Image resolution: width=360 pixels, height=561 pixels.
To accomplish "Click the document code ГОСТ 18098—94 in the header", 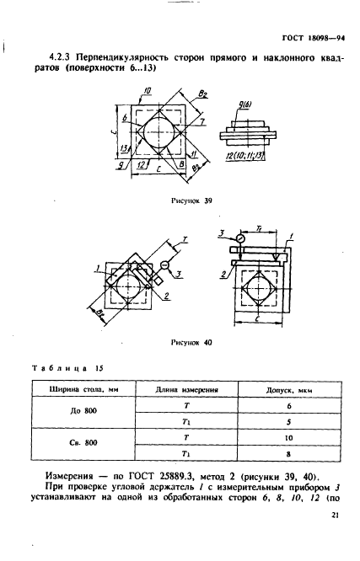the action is click(x=313, y=38).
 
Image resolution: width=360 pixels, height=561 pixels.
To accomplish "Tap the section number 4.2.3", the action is click(x=59, y=57).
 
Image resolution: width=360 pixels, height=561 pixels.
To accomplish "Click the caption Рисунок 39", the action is click(x=191, y=200).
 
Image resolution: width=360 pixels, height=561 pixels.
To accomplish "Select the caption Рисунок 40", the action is click(x=191, y=342).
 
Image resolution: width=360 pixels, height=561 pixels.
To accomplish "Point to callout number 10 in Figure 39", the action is click(x=148, y=91).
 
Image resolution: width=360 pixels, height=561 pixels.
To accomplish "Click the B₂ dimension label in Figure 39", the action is click(x=203, y=94).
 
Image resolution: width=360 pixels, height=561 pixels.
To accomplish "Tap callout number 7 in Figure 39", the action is click(x=202, y=121).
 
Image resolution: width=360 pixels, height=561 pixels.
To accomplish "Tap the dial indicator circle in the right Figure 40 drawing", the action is click(x=241, y=238).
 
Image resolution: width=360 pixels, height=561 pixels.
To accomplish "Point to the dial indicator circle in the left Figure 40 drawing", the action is click(x=164, y=265).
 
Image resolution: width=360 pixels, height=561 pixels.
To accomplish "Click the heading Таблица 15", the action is click(x=67, y=368).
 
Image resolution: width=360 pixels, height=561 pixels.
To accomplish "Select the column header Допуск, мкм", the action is click(x=289, y=390).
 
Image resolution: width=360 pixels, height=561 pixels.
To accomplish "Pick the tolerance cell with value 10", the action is click(x=289, y=438).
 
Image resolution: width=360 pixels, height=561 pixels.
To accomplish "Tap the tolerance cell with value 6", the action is click(x=289, y=406).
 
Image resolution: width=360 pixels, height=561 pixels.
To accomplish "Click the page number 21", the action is click(x=335, y=516).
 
